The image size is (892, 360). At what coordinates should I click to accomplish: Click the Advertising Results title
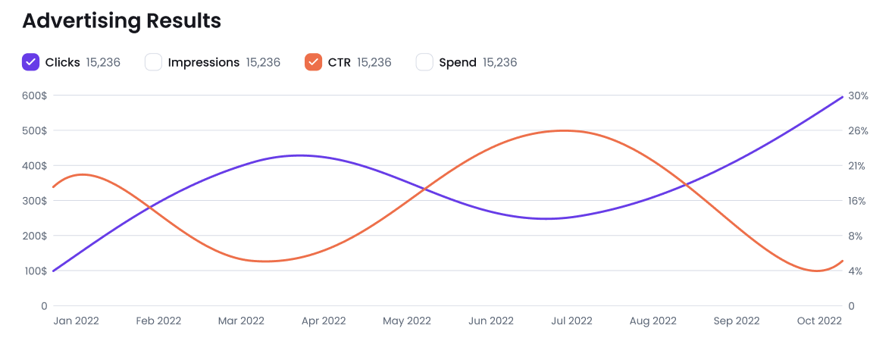click(121, 20)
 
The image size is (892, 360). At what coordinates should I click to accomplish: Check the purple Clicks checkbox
click(30, 62)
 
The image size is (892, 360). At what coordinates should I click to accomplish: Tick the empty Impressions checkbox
click(153, 62)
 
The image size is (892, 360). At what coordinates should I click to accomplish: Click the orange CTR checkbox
click(312, 62)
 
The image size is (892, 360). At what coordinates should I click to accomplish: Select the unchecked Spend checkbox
click(424, 62)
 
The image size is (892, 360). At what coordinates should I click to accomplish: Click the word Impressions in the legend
click(203, 62)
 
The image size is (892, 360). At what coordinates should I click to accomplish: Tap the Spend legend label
click(458, 62)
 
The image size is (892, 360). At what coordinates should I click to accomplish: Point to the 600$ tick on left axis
click(34, 96)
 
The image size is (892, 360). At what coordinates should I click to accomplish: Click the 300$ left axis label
click(34, 201)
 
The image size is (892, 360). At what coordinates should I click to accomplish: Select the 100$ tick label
click(34, 271)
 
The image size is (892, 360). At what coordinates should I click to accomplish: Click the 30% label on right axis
click(859, 96)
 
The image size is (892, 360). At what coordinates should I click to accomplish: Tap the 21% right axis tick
click(858, 166)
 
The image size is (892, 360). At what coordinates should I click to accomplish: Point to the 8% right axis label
click(856, 236)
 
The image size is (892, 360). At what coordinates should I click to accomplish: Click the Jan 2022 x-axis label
click(76, 321)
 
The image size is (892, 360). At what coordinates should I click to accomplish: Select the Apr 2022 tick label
click(323, 321)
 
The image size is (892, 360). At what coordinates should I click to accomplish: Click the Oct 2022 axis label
click(818, 321)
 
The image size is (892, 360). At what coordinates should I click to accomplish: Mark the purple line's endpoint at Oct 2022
click(843, 97)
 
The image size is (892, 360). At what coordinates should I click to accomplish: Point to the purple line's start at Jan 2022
click(53, 271)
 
